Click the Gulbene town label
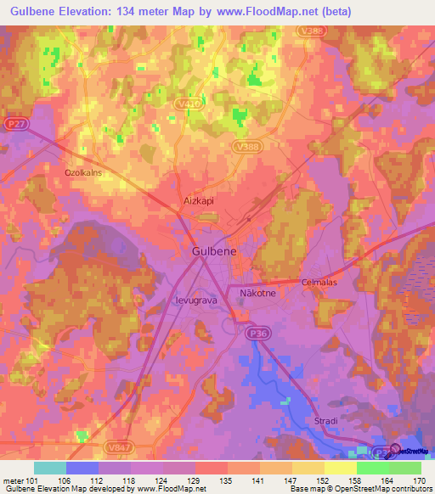pyautogui.click(x=215, y=253)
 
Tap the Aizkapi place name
pyautogui.click(x=199, y=202)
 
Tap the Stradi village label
pyautogui.click(x=319, y=418)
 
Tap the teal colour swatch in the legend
pyautogui.click(x=50, y=468)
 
